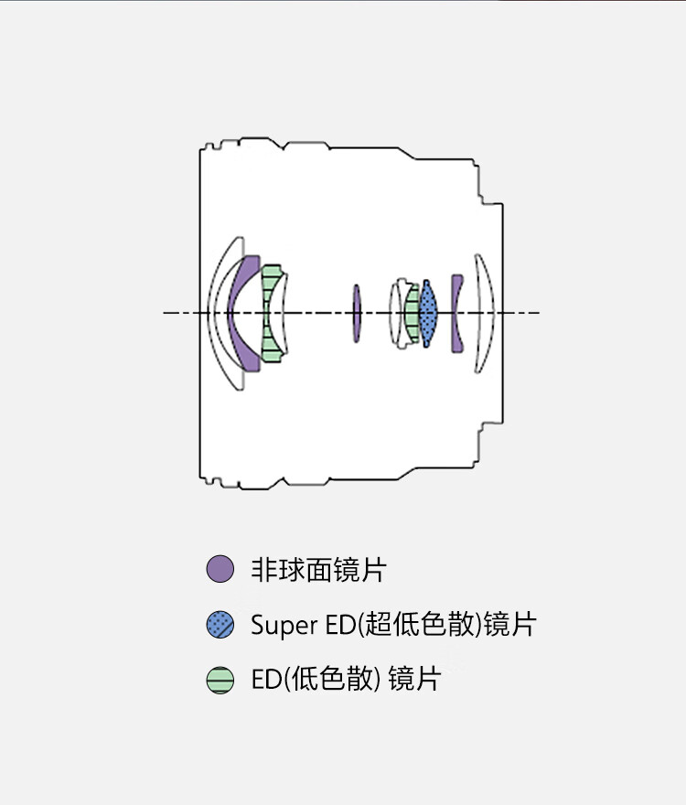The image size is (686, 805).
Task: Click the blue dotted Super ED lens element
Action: click(428, 314)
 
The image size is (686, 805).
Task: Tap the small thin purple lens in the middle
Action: click(357, 314)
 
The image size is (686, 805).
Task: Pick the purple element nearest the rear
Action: click(456, 314)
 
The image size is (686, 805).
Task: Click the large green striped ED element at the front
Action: click(271, 314)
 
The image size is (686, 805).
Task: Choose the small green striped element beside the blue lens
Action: click(413, 314)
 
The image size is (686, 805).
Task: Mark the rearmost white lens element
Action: click(486, 314)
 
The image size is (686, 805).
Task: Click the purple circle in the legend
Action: click(220, 569)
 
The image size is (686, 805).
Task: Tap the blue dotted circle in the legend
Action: click(220, 625)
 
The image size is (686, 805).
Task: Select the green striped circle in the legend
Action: click(220, 681)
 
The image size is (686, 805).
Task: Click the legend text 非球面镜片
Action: click(318, 570)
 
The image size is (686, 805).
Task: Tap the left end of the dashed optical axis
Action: click(166, 314)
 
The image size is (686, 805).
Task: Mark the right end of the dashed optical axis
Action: click(537, 314)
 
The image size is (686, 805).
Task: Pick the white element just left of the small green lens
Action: click(398, 314)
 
